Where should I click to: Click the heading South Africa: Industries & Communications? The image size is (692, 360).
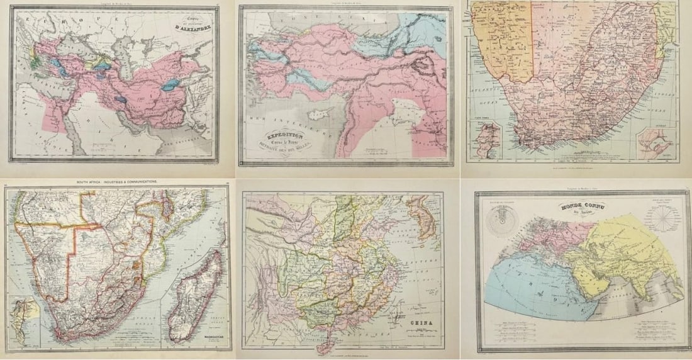[117, 181]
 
